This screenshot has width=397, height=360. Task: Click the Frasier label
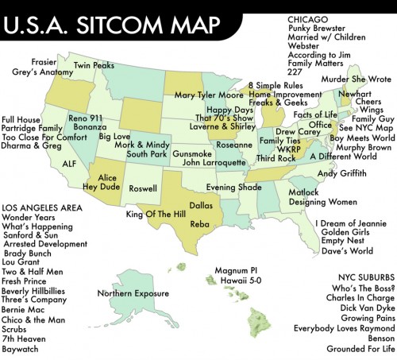coord(43,61)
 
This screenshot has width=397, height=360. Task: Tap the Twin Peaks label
coord(94,64)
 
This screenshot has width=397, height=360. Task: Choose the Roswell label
coord(143,189)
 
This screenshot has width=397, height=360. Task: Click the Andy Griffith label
coord(343,172)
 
